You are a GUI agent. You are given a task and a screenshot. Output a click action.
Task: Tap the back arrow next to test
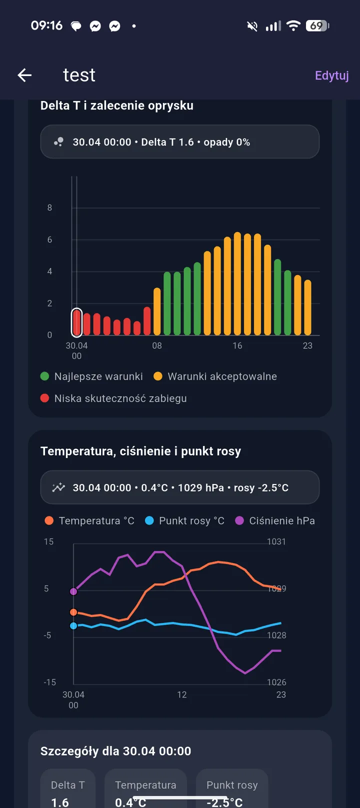pyautogui.click(x=24, y=75)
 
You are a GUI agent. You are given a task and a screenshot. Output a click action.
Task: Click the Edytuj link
pyautogui.click(x=331, y=76)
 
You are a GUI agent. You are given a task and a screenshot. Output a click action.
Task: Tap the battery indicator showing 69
pyautogui.click(x=317, y=26)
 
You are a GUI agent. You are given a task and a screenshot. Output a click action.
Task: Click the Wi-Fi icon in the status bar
pyautogui.click(x=293, y=25)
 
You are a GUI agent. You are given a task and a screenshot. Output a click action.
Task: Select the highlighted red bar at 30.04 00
pyautogui.click(x=77, y=322)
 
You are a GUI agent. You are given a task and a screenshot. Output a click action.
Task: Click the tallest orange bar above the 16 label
pyautogui.click(x=237, y=283)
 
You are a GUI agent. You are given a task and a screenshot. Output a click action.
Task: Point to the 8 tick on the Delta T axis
pyautogui.click(x=50, y=208)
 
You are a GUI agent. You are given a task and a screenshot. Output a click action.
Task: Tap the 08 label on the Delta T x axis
pyautogui.click(x=157, y=345)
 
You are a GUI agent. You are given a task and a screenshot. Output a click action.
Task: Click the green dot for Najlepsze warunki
pyautogui.click(x=44, y=376)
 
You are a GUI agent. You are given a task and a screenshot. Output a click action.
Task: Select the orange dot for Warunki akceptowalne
pyautogui.click(x=157, y=376)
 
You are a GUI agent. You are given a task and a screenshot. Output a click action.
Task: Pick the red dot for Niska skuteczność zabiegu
pyautogui.click(x=44, y=398)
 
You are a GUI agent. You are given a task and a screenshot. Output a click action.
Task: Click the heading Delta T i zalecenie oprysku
pyautogui.click(x=117, y=105)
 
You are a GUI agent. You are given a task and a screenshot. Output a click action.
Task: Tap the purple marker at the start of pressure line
pyautogui.click(x=73, y=591)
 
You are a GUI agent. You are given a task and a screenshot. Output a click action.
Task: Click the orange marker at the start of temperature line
pyautogui.click(x=73, y=612)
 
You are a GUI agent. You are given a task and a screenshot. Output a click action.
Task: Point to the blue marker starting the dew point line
pyautogui.click(x=73, y=626)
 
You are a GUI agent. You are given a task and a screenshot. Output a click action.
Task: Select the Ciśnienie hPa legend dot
pyautogui.click(x=239, y=520)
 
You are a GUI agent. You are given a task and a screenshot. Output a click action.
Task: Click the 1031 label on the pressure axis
pyautogui.click(x=276, y=541)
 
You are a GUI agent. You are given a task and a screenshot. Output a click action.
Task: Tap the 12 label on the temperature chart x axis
pyautogui.click(x=182, y=694)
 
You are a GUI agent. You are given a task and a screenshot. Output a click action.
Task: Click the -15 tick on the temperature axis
pyautogui.click(x=50, y=682)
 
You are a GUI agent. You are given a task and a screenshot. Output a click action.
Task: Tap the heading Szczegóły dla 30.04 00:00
pyautogui.click(x=116, y=751)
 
